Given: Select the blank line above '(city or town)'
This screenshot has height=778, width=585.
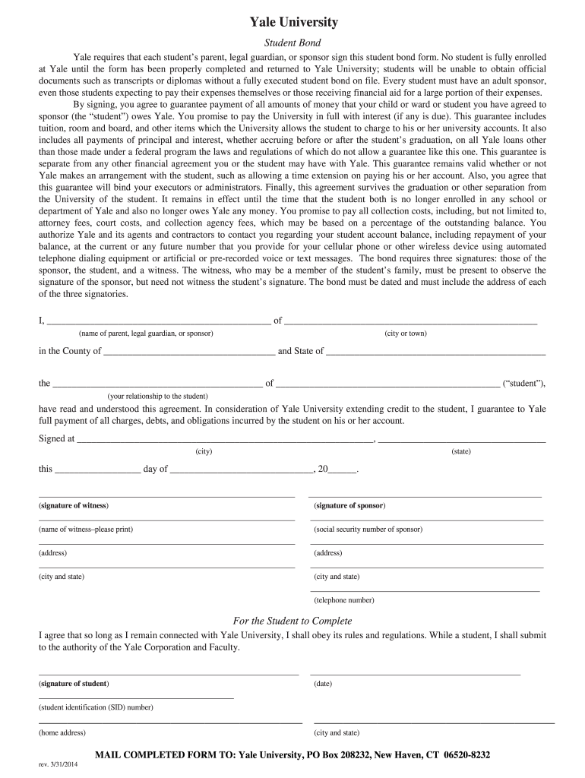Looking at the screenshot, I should point(410,323).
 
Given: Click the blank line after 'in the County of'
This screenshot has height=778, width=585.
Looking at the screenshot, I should point(189,354).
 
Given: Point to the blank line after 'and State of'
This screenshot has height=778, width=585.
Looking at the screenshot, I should point(435,354).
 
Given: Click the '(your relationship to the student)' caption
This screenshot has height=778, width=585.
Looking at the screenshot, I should point(157,396).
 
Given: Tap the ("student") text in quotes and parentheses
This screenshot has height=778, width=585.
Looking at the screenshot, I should point(524,384).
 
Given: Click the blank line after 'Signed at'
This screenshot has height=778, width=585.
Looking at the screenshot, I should point(225,441).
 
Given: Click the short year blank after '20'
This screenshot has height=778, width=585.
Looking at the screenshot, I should point(342,472).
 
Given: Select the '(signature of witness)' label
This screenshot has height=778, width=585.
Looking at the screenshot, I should point(74,506).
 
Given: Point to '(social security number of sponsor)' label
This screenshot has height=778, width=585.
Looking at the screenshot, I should point(368,530).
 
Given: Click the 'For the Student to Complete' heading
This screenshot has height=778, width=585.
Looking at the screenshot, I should point(292,621).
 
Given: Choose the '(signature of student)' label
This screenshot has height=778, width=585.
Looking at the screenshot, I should point(74,684).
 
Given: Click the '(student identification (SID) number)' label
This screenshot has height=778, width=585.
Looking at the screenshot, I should point(96,707).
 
